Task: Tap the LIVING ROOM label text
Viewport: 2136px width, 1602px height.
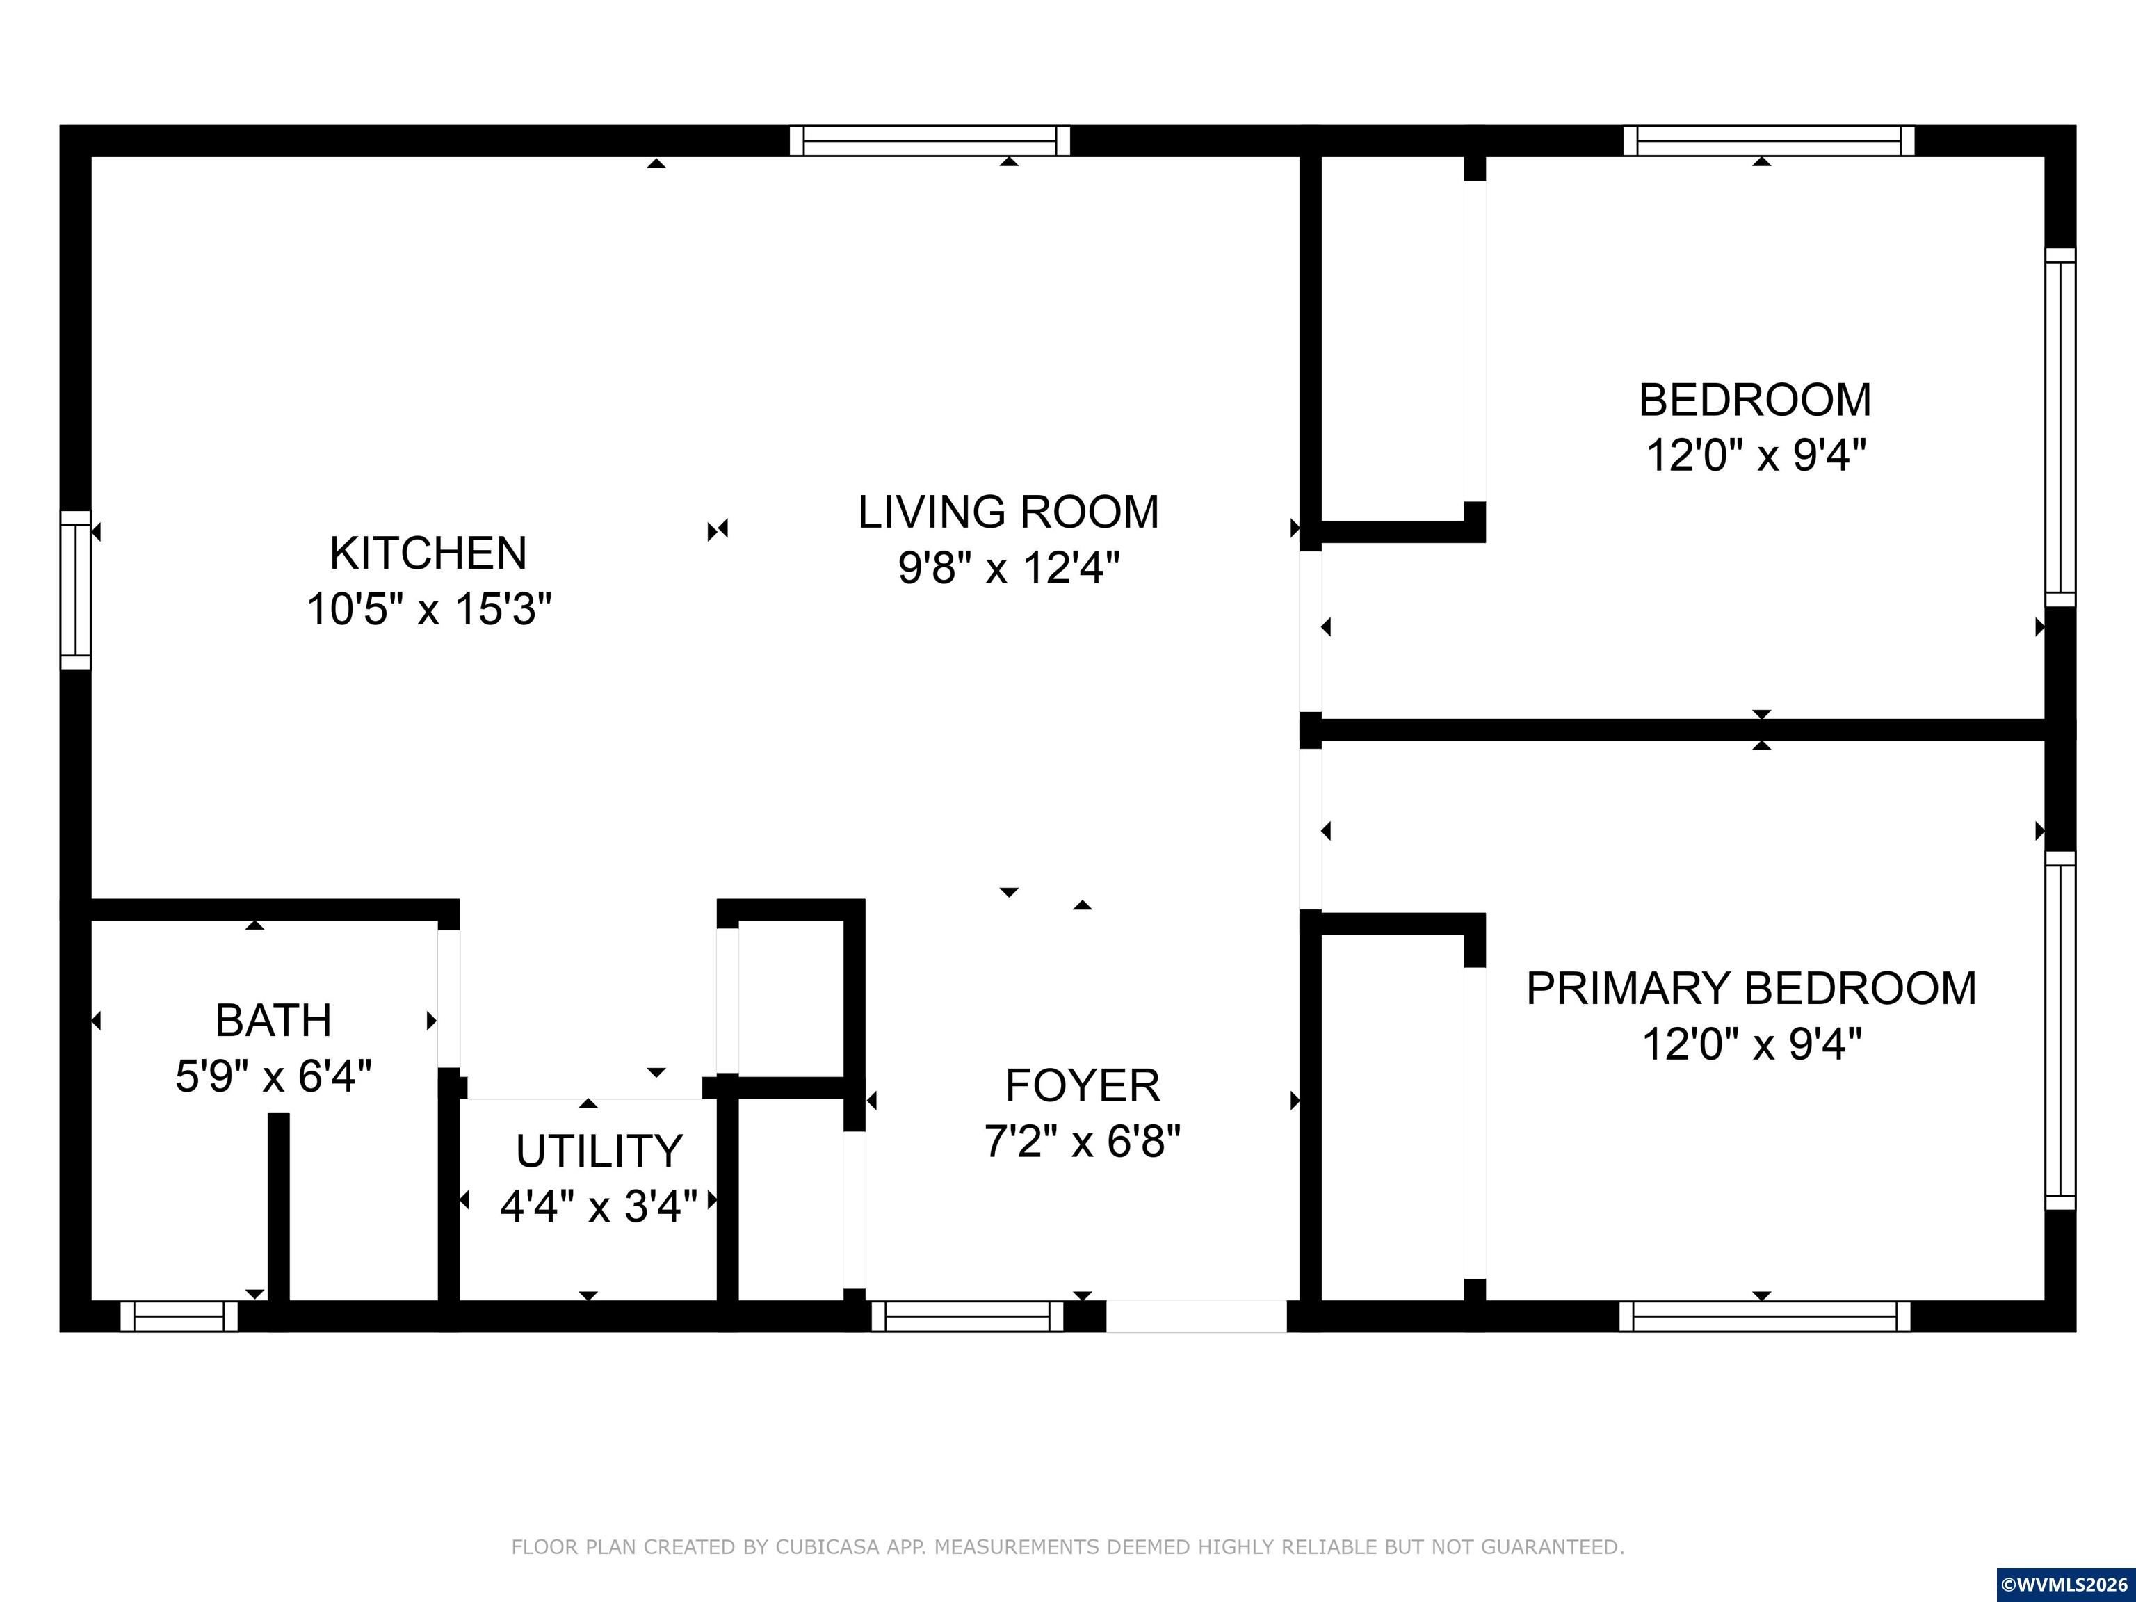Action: coord(1009,512)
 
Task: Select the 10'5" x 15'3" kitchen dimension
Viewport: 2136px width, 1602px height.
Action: coord(429,609)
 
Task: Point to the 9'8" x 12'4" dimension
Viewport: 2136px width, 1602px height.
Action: coord(1009,568)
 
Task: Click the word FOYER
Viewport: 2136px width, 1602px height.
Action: coord(1083,1085)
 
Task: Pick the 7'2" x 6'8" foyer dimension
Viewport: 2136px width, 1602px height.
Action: coord(1083,1142)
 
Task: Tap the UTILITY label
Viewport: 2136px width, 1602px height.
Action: coord(599,1151)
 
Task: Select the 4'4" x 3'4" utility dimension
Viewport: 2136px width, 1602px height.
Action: coord(599,1206)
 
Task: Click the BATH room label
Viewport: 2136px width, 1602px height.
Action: coord(273,1020)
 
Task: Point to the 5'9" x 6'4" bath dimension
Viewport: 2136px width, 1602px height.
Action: coord(273,1076)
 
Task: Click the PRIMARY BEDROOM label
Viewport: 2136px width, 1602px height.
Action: coord(1751,988)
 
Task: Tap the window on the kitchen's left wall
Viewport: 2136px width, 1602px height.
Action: coord(75,590)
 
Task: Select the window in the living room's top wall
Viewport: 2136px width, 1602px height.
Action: coord(930,141)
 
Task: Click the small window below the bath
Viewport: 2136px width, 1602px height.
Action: coord(179,1316)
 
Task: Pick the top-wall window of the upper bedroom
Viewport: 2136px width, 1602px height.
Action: coord(1769,141)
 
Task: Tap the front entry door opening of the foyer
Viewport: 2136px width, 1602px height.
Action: coord(1197,1316)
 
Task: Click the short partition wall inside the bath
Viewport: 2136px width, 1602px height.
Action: coord(278,1207)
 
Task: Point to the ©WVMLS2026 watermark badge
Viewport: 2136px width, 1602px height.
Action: coord(2066,1585)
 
